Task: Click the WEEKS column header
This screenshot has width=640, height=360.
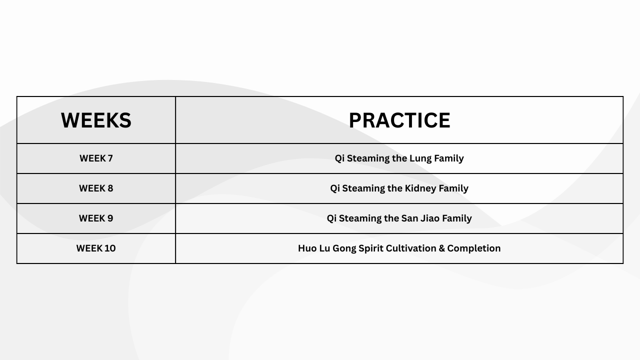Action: pyautogui.click(x=96, y=120)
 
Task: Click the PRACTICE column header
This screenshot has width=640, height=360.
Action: pyautogui.click(x=399, y=120)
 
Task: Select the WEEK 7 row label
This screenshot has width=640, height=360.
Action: pyautogui.click(x=96, y=158)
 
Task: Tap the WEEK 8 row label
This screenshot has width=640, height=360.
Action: pyautogui.click(x=96, y=188)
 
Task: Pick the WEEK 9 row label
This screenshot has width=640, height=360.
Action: pyautogui.click(x=96, y=218)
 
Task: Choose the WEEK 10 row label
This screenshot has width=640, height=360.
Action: pyautogui.click(x=96, y=248)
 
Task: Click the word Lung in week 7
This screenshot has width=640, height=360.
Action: pyautogui.click(x=420, y=159)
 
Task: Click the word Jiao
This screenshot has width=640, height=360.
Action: pyautogui.click(x=430, y=218)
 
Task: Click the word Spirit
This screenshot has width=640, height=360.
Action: pyautogui.click(x=371, y=249)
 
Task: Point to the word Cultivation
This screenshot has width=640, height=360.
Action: pyautogui.click(x=411, y=248)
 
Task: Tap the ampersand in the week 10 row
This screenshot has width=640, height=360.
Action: pyautogui.click(x=441, y=248)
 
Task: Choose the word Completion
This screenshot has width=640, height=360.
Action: pyautogui.click(x=474, y=249)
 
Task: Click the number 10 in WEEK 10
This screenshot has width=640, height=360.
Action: pyautogui.click(x=110, y=248)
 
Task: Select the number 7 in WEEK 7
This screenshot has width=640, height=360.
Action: pyautogui.click(x=110, y=158)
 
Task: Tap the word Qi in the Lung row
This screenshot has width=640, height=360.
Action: pyautogui.click(x=339, y=158)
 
